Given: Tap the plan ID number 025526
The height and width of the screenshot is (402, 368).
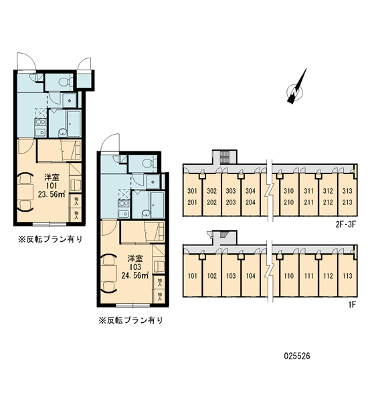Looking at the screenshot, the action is [297, 356].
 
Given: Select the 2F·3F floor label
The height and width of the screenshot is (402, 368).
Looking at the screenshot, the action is [346, 224].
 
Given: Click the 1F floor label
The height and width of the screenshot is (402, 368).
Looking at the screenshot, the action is [352, 304].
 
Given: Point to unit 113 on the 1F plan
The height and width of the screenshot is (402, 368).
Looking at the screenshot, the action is [347, 276].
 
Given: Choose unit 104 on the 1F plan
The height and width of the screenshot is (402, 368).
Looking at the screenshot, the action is [250, 276].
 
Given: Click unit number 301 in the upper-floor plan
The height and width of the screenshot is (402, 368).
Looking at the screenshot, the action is [192, 191].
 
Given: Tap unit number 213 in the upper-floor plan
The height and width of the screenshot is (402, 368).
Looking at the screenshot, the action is [347, 202].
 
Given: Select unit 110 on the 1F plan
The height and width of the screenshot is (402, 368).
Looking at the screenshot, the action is [288, 276].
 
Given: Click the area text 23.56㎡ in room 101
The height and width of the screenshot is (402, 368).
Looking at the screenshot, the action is [52, 194].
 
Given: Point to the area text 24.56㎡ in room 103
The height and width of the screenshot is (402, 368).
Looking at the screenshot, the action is [135, 275].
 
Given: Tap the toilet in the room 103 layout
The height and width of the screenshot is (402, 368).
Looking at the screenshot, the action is [149, 163].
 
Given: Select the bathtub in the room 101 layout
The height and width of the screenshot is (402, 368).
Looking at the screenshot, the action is [74, 123].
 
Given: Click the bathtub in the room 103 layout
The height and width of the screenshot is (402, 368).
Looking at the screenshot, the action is [157, 205].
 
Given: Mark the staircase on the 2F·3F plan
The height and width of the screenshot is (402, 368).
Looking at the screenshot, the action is [225, 157].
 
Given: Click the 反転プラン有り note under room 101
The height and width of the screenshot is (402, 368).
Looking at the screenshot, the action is [50, 239].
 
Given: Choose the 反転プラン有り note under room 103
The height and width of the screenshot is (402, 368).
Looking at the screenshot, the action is [131, 320].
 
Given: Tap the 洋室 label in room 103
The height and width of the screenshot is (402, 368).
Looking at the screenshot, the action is [135, 259].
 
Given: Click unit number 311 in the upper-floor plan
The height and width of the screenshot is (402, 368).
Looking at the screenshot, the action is [308, 191].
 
